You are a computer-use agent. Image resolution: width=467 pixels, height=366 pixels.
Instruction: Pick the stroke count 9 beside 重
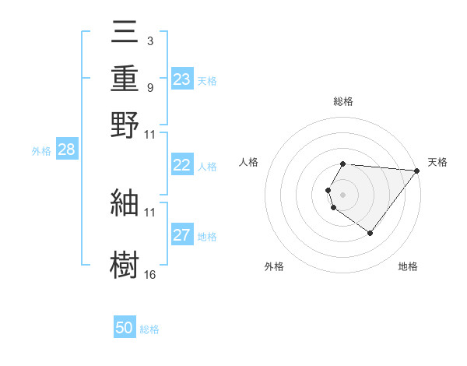pyautogui.click(x=149, y=87)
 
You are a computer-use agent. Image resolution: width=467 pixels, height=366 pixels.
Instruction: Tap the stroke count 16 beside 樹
pyautogui.click(x=149, y=274)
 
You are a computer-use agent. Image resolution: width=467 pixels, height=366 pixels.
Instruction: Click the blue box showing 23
pyautogui.click(x=181, y=79)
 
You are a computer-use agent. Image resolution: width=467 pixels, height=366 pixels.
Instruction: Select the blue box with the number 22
pyautogui.click(x=181, y=165)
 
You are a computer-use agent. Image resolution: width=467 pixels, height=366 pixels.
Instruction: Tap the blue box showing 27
pyautogui.click(x=181, y=235)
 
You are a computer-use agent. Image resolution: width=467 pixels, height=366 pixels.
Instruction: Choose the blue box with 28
pyautogui.click(x=66, y=150)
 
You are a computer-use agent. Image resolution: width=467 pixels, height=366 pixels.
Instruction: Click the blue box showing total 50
pyautogui.click(x=125, y=328)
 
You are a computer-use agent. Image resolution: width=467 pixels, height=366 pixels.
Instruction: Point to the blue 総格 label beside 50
pyautogui.click(x=149, y=329)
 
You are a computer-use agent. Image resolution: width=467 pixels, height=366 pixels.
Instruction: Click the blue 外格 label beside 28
pyautogui.click(x=41, y=151)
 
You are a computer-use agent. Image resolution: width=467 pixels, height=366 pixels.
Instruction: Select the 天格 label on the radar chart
pyautogui.click(x=437, y=162)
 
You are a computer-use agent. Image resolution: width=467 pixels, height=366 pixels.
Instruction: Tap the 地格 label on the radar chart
pyautogui.click(x=408, y=266)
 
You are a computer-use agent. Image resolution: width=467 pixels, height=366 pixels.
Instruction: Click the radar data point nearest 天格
pyautogui.click(x=416, y=170)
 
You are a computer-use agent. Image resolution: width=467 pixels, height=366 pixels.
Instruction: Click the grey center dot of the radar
pyautogui.click(x=343, y=194)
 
